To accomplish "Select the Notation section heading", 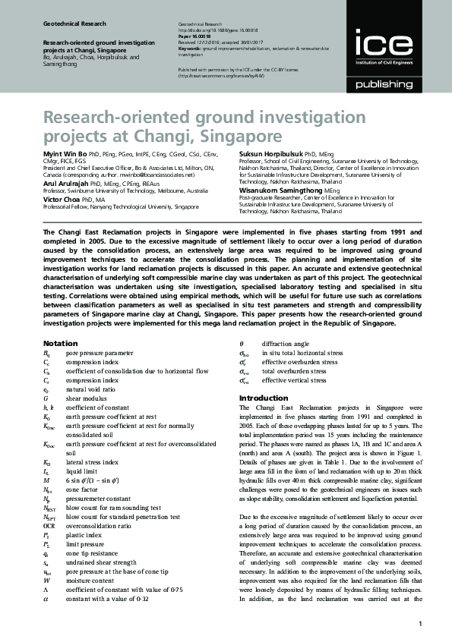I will click(x=61, y=344).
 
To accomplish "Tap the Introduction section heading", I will click(x=264, y=398).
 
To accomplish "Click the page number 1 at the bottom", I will click(x=420, y=624).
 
